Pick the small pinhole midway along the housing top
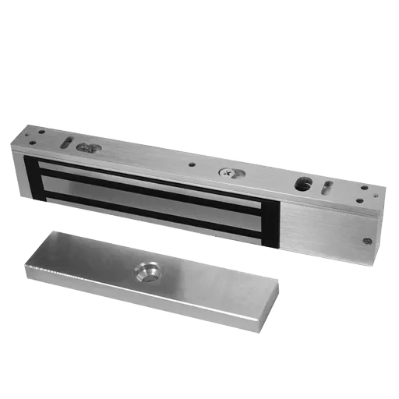pyautogui.click(x=190, y=165)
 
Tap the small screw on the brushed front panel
pyautogui.click(x=367, y=241)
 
